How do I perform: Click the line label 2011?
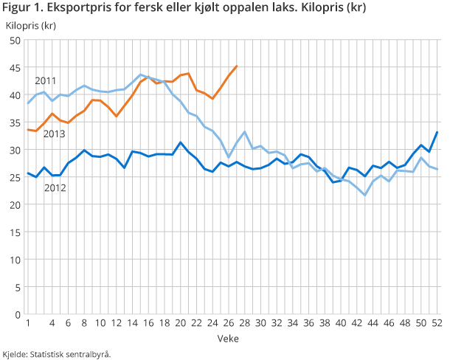click(46, 80)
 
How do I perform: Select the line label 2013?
click(54, 134)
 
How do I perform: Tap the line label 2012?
click(55, 188)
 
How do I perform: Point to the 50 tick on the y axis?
click(15, 40)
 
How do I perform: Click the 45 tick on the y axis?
click(15, 68)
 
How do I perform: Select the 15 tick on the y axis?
click(15, 232)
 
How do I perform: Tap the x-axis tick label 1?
click(28, 323)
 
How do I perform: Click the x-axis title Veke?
click(227, 337)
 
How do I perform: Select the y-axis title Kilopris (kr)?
click(32, 25)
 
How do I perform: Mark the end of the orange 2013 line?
click(236, 66)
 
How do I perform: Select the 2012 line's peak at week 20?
click(181, 142)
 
